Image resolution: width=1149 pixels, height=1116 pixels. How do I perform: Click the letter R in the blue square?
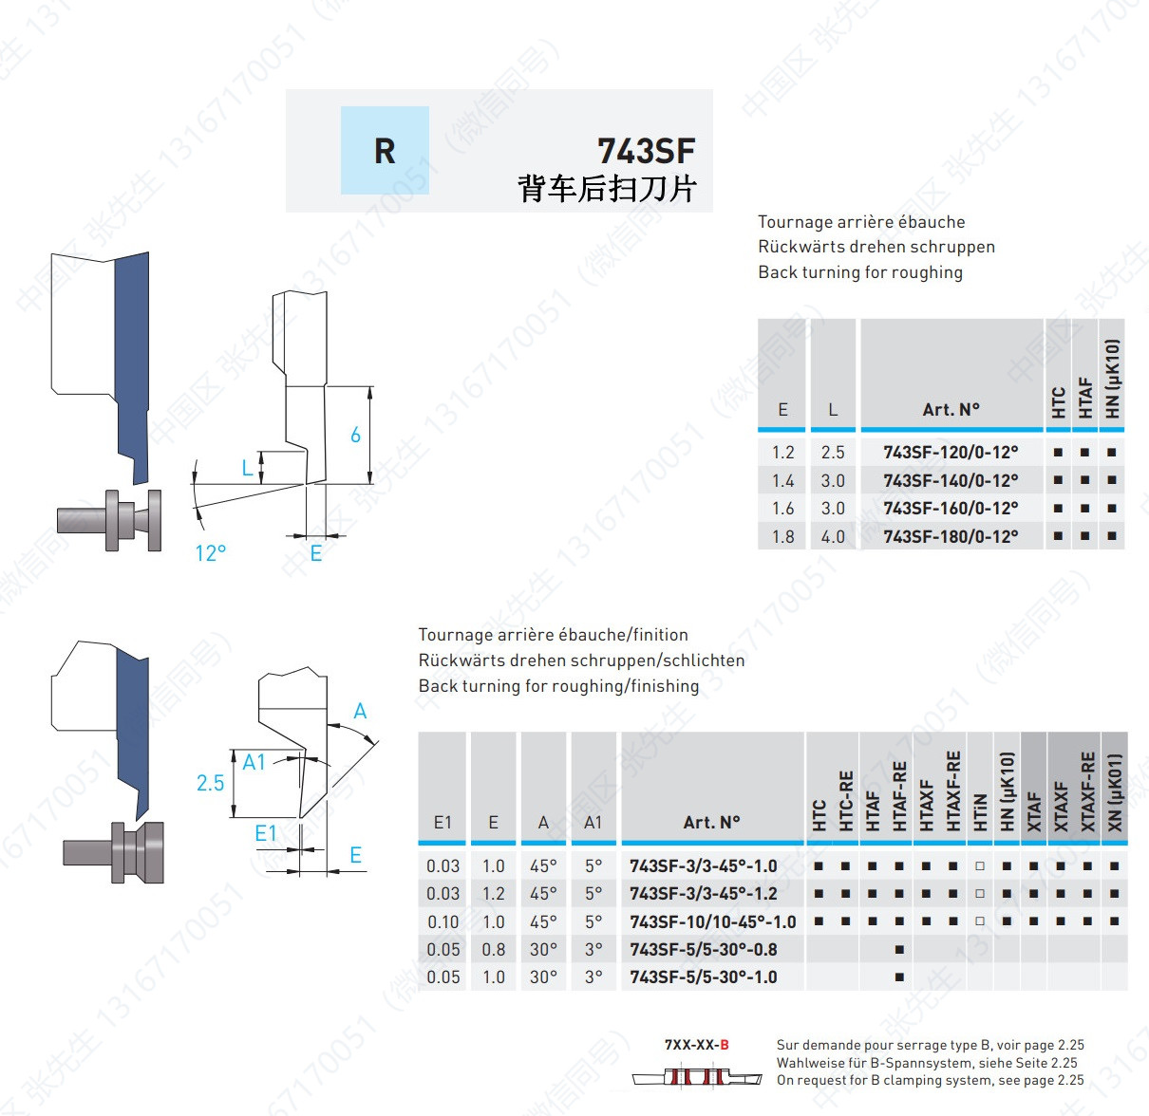click(385, 151)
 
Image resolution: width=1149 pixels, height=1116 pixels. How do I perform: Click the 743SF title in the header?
click(646, 151)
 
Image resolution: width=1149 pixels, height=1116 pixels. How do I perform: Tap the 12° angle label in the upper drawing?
click(211, 553)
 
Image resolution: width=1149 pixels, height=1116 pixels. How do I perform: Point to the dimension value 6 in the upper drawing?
click(355, 435)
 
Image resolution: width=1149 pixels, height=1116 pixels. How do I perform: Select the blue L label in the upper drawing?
click(248, 468)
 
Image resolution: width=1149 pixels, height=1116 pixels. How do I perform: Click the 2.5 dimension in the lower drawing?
click(210, 783)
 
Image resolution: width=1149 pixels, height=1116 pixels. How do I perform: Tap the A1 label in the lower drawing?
click(254, 762)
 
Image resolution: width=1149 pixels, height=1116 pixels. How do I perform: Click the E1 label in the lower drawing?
click(266, 832)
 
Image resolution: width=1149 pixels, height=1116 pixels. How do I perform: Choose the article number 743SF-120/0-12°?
click(951, 452)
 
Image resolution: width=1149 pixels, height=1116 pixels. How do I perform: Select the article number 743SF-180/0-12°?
click(951, 536)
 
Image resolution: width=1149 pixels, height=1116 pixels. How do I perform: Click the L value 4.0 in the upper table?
click(833, 536)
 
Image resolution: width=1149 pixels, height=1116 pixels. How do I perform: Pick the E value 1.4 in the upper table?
click(782, 481)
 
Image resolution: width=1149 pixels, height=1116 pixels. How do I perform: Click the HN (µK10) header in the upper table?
click(1112, 379)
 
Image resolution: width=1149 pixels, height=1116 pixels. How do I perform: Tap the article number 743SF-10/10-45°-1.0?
click(712, 921)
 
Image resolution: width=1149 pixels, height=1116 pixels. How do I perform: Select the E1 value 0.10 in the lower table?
click(443, 921)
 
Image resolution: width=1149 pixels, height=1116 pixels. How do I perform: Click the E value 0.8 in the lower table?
click(494, 950)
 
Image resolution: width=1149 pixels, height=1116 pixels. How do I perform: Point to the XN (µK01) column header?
click(1114, 791)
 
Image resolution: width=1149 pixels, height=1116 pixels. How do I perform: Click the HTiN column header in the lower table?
click(980, 812)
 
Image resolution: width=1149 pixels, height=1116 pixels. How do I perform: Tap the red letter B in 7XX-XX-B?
click(725, 1045)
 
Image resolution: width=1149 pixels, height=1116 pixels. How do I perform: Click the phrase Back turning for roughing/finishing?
click(558, 686)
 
